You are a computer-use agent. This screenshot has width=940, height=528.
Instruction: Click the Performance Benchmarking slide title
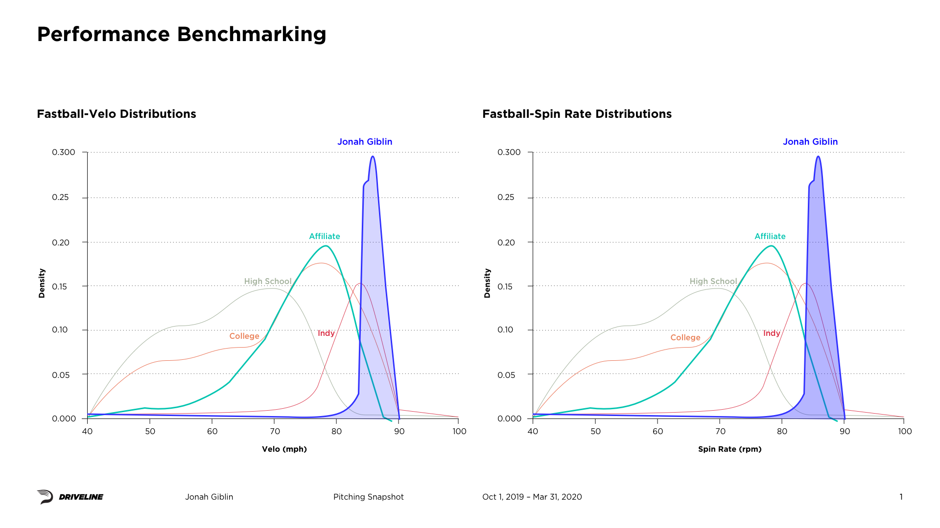[x=182, y=34]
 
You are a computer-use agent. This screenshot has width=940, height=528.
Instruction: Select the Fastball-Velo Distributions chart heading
[x=117, y=114]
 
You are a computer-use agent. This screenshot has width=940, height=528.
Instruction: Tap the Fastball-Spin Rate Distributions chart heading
[x=577, y=114]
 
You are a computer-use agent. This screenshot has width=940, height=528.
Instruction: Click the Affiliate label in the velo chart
[x=324, y=236]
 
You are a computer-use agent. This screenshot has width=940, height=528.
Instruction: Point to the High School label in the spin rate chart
[x=713, y=281]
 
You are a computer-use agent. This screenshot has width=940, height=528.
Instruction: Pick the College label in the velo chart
[x=244, y=336]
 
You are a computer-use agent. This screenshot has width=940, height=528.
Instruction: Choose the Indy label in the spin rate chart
[x=772, y=333]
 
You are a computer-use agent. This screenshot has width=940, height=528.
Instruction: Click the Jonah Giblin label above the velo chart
[x=365, y=142]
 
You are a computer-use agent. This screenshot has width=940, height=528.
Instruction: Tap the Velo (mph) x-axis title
[x=284, y=449]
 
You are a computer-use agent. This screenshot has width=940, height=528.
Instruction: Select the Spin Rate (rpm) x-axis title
[x=729, y=449]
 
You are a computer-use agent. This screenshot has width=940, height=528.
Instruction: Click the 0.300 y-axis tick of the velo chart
[x=64, y=152]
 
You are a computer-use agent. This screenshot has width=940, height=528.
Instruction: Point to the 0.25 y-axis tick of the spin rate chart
[x=506, y=197]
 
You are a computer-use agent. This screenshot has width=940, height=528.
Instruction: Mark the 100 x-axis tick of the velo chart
[x=459, y=431]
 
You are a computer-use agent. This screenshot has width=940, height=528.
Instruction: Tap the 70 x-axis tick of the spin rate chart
[x=720, y=431]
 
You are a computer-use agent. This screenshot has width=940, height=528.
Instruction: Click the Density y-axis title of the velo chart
[x=42, y=283]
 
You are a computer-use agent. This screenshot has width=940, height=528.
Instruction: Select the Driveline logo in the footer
[x=70, y=497]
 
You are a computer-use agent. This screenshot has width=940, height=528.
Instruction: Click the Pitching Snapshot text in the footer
[x=368, y=497]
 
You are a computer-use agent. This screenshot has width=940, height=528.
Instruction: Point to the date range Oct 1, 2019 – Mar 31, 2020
[x=532, y=497]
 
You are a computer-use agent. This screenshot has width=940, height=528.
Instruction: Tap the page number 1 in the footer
[x=901, y=497]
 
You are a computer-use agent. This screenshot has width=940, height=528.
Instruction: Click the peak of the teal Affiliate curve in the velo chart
[x=326, y=246]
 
